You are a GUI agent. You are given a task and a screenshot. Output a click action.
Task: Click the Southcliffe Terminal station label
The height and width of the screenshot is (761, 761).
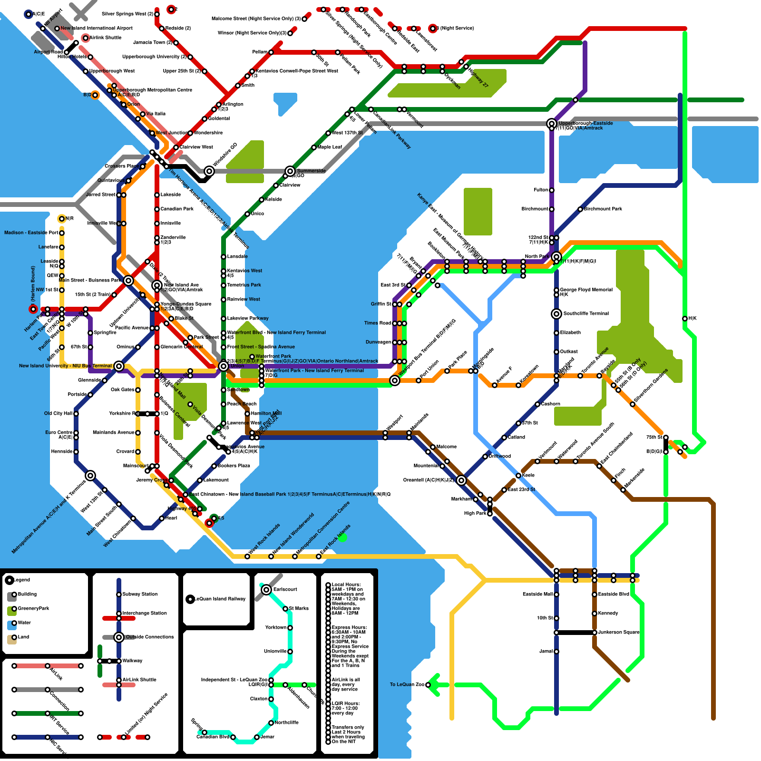[x=586, y=314]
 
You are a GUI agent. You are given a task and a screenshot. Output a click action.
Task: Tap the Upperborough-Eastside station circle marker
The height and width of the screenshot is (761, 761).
[x=551, y=124]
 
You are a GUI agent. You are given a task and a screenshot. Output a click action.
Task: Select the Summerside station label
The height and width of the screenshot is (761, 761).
[x=312, y=171]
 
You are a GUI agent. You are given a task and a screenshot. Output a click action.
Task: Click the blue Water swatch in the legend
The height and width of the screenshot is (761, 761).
[x=12, y=625]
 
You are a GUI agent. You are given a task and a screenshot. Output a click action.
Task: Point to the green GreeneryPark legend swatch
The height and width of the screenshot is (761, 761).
[x=12, y=611]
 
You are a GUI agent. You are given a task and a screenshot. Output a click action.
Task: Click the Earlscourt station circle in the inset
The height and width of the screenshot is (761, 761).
[x=266, y=590]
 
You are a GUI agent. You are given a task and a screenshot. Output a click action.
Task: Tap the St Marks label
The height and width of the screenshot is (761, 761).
[x=299, y=609]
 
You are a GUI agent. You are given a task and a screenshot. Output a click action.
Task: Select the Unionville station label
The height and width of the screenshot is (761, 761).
[x=275, y=652]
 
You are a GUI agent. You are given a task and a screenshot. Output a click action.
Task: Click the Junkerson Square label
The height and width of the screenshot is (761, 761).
[x=619, y=633]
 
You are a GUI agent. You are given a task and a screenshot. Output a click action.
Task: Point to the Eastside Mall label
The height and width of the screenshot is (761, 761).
[x=537, y=595]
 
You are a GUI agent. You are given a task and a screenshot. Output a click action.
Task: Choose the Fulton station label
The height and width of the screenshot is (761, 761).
[x=541, y=190]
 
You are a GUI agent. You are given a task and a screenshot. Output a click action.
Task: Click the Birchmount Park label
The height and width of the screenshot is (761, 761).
[x=603, y=209]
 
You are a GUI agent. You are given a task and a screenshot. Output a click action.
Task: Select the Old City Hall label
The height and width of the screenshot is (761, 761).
[x=58, y=414]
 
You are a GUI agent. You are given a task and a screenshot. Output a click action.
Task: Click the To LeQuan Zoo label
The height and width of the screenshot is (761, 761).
[x=407, y=685]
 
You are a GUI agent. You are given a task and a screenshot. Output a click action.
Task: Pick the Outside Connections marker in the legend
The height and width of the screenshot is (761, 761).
[x=119, y=637]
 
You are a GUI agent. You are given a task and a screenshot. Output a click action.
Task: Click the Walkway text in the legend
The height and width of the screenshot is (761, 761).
[x=132, y=661]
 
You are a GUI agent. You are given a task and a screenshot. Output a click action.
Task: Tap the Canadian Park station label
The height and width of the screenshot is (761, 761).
[x=177, y=209]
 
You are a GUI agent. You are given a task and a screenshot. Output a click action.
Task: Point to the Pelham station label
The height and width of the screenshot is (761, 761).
[x=260, y=52]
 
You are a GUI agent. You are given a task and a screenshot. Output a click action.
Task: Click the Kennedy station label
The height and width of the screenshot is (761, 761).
[x=608, y=614]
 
